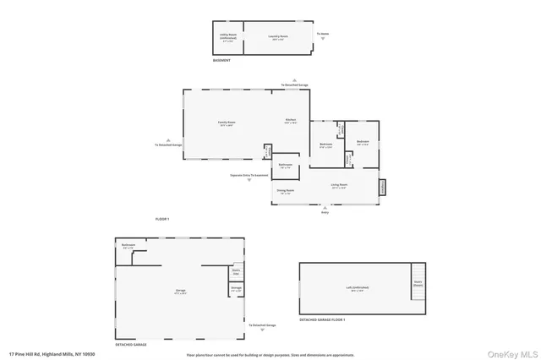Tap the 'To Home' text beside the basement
pos(322,35)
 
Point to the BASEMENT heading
pos(221,61)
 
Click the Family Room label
pos(226,123)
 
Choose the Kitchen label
pos(290,121)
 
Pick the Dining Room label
pos(285,192)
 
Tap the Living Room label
pos(339,185)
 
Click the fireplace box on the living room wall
pos(381,187)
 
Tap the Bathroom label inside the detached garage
pos(128,246)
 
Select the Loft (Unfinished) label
pos(355,288)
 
